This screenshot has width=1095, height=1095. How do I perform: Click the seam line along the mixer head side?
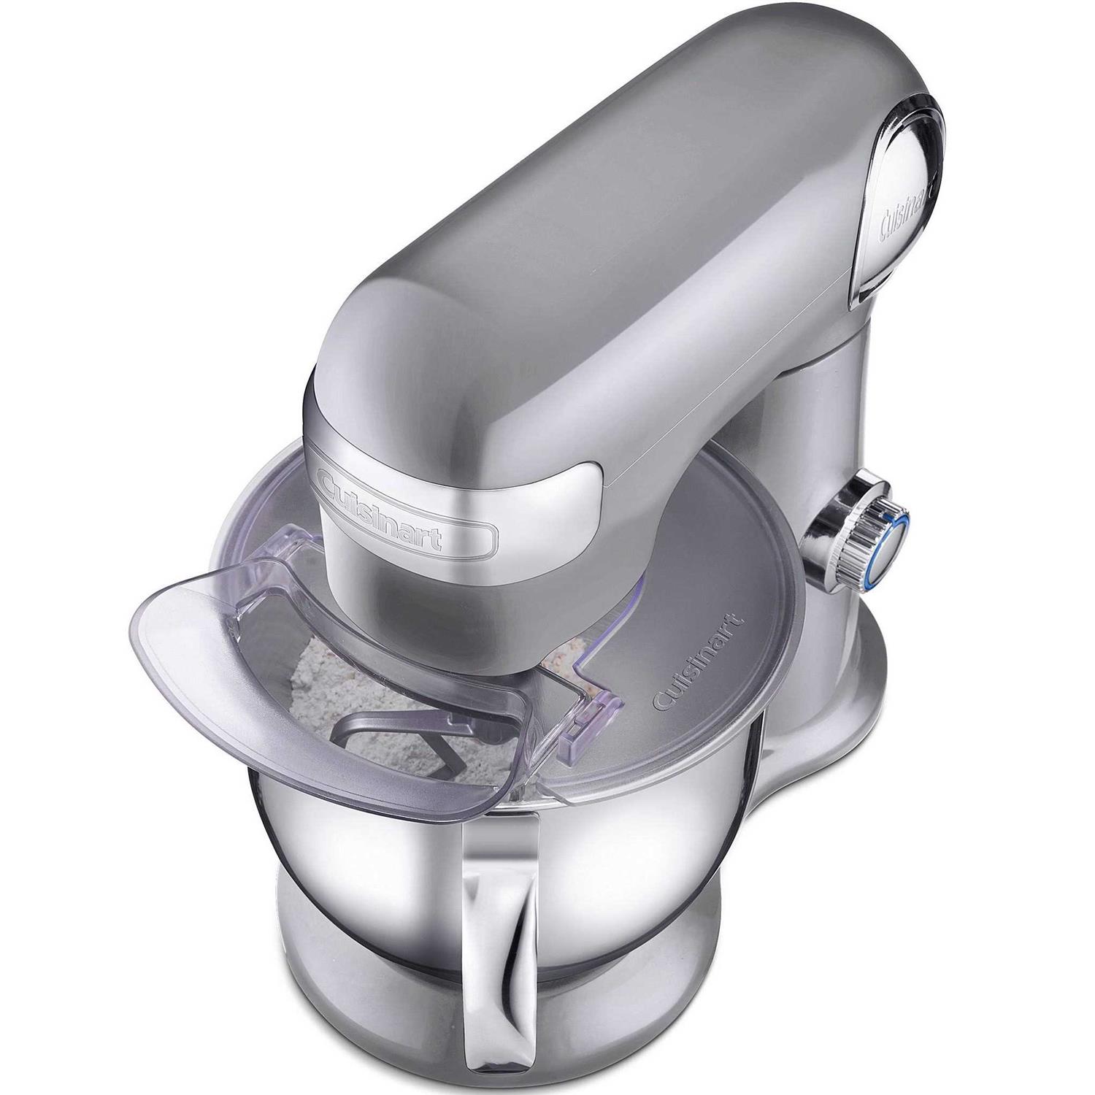click(x=730, y=380)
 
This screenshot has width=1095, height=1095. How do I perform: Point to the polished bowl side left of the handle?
click(x=343, y=839)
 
